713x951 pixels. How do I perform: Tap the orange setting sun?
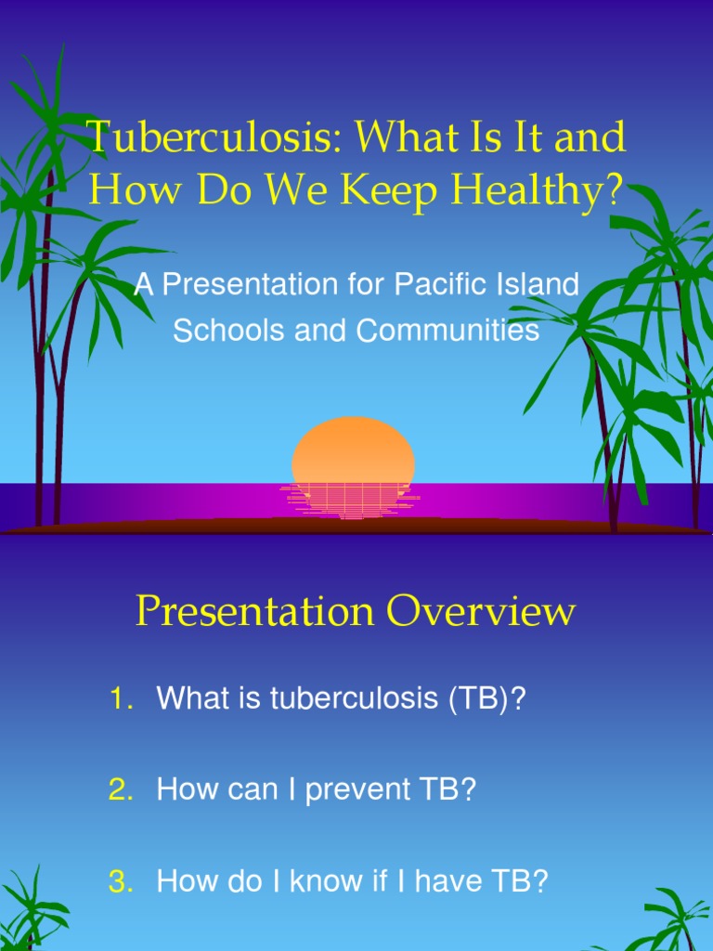(353, 450)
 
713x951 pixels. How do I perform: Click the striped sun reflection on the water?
(351, 500)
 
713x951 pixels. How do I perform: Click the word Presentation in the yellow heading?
(256, 612)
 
